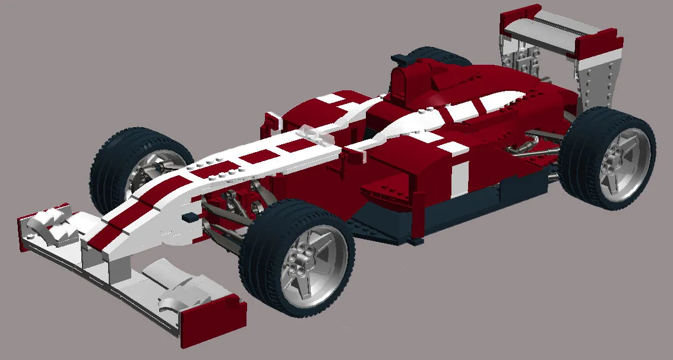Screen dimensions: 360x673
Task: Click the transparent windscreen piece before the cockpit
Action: pos(315,135)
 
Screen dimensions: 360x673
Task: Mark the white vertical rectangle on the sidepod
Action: pos(459,178)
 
